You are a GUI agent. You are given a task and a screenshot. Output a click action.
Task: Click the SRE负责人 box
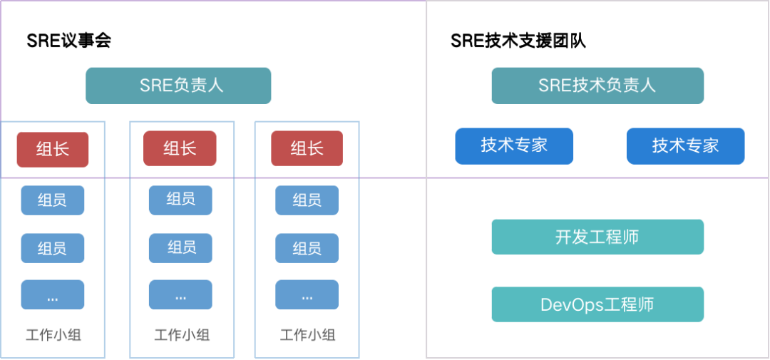pos(178,86)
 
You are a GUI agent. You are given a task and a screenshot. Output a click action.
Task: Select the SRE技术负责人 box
pos(597,86)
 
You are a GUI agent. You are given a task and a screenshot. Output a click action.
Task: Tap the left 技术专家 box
pos(514,145)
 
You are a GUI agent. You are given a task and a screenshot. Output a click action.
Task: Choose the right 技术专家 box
pos(685,145)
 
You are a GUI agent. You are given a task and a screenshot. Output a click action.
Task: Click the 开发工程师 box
pos(597,237)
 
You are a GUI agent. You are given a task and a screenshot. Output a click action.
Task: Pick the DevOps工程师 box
pos(597,304)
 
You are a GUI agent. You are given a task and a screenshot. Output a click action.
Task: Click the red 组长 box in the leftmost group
pos(53,149)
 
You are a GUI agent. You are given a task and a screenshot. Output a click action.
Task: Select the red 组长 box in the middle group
pos(180,149)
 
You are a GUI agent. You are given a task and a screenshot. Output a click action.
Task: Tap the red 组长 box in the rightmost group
pos(307,149)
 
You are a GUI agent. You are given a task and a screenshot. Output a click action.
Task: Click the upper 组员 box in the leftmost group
pos(53,200)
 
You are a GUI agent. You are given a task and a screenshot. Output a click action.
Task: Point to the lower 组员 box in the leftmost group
pos(53,248)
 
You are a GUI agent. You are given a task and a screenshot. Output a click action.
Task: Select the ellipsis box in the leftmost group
pos(53,294)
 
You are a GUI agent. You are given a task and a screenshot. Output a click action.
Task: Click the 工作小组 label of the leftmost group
pos(53,335)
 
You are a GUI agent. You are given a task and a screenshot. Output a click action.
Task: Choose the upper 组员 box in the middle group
pos(180,200)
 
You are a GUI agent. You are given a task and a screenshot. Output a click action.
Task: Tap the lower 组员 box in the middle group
pos(180,247)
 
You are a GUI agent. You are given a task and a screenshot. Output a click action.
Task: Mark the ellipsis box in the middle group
pos(180,294)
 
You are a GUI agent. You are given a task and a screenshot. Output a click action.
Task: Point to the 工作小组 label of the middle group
pos(182,335)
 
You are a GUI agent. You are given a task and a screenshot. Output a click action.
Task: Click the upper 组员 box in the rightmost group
pos(307,200)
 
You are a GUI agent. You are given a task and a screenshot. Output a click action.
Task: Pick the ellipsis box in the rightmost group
pos(307,294)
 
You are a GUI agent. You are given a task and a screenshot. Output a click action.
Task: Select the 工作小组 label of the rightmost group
pos(308,335)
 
